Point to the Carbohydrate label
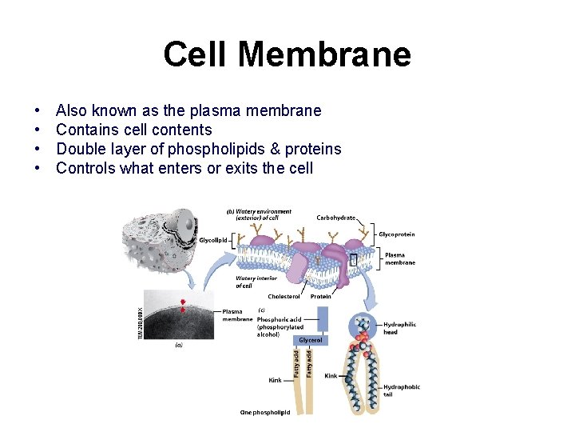[336, 218]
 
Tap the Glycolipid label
[214, 240]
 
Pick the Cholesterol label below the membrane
[284, 296]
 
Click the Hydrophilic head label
[399, 328]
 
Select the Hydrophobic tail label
[401, 390]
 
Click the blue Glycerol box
[310, 340]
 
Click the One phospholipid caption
[264, 413]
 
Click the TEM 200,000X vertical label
[141, 320]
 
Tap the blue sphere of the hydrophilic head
[364, 325]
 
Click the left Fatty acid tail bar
[297, 364]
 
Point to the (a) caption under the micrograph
[179, 346]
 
